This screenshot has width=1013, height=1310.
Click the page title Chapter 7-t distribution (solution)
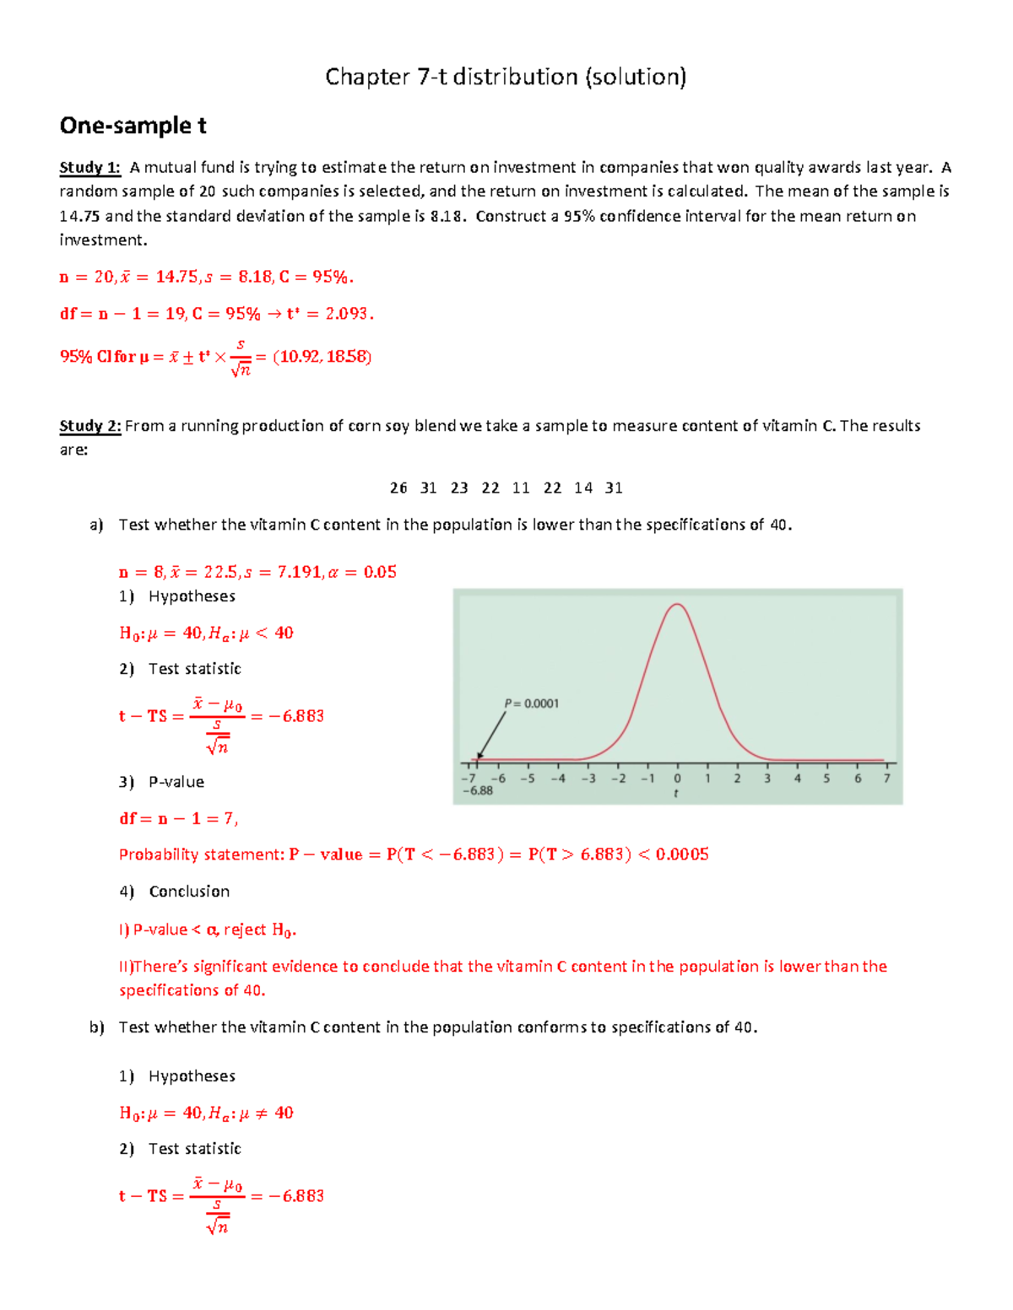tap(506, 78)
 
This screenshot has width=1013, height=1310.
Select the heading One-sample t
tap(133, 126)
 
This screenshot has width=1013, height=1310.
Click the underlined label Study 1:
tap(89, 168)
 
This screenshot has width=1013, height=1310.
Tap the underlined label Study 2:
tap(89, 426)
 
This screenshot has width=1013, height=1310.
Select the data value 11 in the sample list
tap(521, 488)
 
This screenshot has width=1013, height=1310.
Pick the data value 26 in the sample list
tap(398, 488)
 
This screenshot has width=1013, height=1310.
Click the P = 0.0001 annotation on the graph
tap(531, 704)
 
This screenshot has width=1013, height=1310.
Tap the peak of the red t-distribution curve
tap(677, 605)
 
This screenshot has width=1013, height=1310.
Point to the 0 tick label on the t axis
tap(677, 779)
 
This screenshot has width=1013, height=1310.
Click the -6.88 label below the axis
tap(478, 791)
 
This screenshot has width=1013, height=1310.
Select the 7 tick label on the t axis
tap(886, 779)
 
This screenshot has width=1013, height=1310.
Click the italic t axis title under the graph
tap(676, 794)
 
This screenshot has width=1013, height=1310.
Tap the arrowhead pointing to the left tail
tap(479, 757)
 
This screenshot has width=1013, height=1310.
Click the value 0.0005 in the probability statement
tap(682, 854)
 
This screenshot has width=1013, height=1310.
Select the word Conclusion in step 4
tap(189, 892)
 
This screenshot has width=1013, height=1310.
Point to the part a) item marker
tap(96, 525)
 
